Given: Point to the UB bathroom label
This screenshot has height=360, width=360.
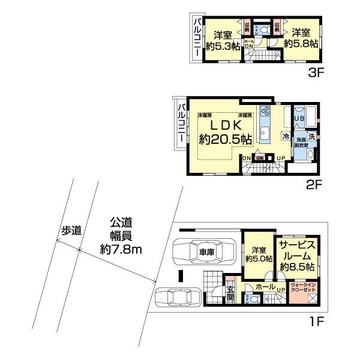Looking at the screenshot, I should (299, 119).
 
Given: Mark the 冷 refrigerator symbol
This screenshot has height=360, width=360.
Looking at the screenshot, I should (286, 136).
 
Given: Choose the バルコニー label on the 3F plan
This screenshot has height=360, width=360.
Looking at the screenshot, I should (197, 37).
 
